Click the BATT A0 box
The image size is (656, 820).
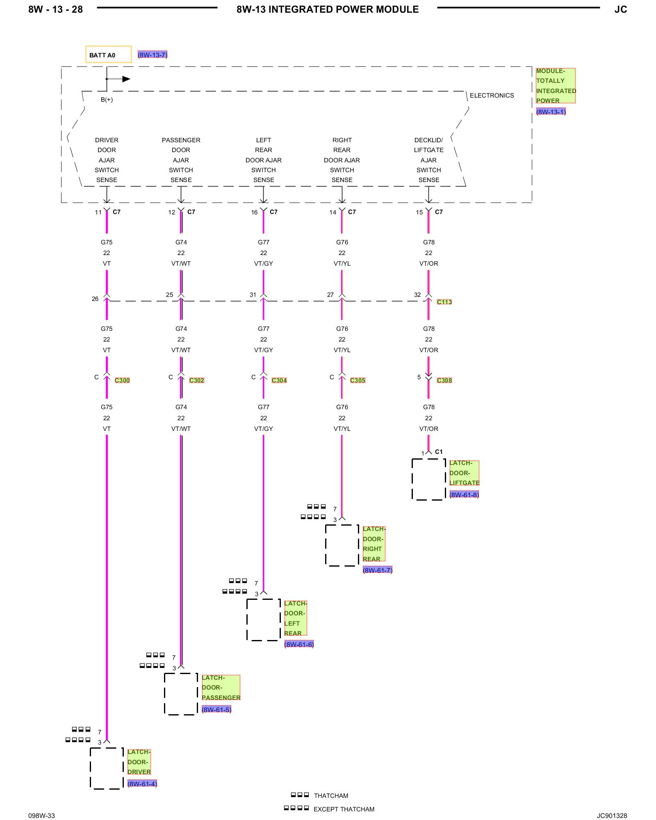108,54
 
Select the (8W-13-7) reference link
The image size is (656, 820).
153,55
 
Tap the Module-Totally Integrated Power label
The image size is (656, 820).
556,86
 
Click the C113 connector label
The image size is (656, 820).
444,302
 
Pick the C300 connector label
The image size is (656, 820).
122,380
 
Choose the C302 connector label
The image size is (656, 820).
196,380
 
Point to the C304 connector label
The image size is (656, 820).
279,380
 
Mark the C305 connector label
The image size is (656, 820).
358,380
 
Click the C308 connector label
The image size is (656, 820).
444,380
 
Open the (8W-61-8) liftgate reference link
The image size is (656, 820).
464,495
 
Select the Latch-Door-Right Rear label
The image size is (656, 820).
374,544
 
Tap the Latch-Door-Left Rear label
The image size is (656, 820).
295,618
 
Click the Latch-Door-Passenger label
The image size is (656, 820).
221,688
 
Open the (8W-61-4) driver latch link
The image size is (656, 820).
142,784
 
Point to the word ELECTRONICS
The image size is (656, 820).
492,96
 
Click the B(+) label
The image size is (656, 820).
107,100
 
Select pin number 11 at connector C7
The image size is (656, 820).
98,212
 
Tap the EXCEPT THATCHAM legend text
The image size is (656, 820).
344,809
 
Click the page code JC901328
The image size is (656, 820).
612,815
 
